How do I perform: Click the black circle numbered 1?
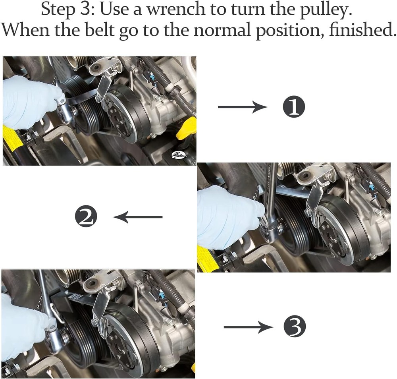click(x=294, y=107)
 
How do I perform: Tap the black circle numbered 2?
click(x=86, y=217)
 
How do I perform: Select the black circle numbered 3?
click(x=295, y=327)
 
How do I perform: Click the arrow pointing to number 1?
click(x=243, y=107)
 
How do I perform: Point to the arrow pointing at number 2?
click(x=138, y=217)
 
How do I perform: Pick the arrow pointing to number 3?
click(x=249, y=327)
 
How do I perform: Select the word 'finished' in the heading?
click(x=362, y=30)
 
